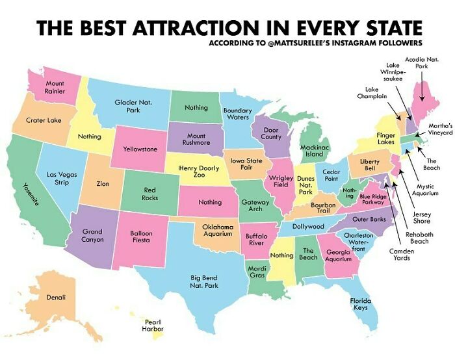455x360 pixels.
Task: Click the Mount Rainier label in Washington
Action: tap(54, 88)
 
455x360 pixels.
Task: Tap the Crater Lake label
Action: tap(44, 120)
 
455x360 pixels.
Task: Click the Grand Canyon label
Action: tap(92, 235)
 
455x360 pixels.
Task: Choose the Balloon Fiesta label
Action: tap(141, 236)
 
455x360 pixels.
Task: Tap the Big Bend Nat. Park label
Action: tap(203, 281)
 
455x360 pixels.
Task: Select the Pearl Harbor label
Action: tap(153, 325)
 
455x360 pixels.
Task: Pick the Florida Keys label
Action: tap(360, 304)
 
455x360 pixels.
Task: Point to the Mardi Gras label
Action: tap(256, 271)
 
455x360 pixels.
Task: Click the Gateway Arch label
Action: tap(255, 206)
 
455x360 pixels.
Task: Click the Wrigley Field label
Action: tap(281, 181)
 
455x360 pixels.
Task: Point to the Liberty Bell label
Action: tap(369, 164)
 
